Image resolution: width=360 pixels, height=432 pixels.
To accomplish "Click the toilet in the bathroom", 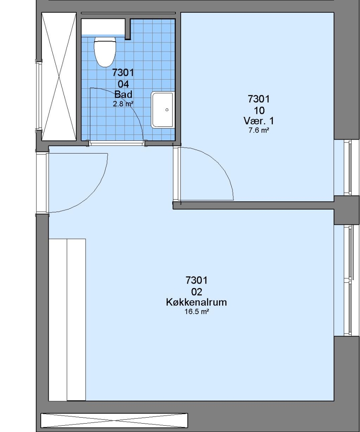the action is pos(105,52).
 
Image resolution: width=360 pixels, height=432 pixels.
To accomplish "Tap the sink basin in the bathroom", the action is pos(162,110).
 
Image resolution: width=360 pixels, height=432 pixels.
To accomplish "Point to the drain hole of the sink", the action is pos(167,110).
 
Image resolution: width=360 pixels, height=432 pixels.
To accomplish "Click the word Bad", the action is pos(123,94).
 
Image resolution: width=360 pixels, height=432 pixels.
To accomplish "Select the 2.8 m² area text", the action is pos(123,104).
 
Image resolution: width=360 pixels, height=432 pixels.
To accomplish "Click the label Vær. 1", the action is pos(259,121).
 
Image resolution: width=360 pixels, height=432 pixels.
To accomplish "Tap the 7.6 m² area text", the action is pos(259,130).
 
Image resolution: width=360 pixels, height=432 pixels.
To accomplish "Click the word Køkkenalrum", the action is pos(196,302).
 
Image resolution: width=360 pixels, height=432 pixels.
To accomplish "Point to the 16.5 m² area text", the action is pos(196,312).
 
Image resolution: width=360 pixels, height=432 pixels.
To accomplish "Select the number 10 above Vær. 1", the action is pos(259,110).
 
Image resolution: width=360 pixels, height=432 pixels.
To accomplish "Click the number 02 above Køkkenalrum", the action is pos(197,292).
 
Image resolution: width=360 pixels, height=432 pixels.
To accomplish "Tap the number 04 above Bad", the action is pos(123,84).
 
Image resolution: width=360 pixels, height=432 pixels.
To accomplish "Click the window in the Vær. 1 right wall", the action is pos(347,168).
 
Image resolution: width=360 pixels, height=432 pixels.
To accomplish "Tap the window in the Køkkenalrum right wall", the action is pos(347,280).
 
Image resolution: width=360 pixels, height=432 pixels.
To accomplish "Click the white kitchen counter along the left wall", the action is pos(67,320).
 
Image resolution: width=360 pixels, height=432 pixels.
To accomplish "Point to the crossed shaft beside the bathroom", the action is pos(59,76).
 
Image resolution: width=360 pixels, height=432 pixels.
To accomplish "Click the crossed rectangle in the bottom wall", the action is pos(114,420).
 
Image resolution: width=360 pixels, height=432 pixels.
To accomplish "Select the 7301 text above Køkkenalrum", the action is pos(197,280).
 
